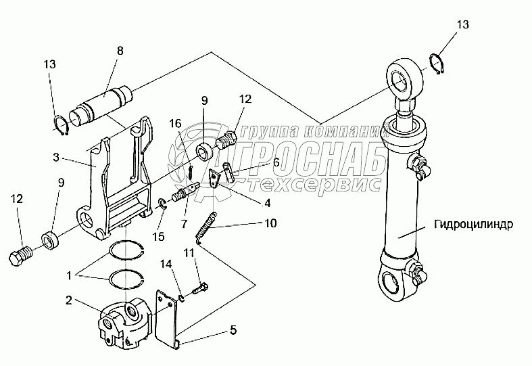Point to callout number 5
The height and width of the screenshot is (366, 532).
(233, 330)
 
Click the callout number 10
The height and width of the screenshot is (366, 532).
(270, 223)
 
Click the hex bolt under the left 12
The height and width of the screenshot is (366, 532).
(21, 257)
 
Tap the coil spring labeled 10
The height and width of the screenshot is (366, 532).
(207, 226)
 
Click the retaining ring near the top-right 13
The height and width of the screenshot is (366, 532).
(439, 65)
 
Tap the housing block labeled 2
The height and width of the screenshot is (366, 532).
(126, 323)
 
